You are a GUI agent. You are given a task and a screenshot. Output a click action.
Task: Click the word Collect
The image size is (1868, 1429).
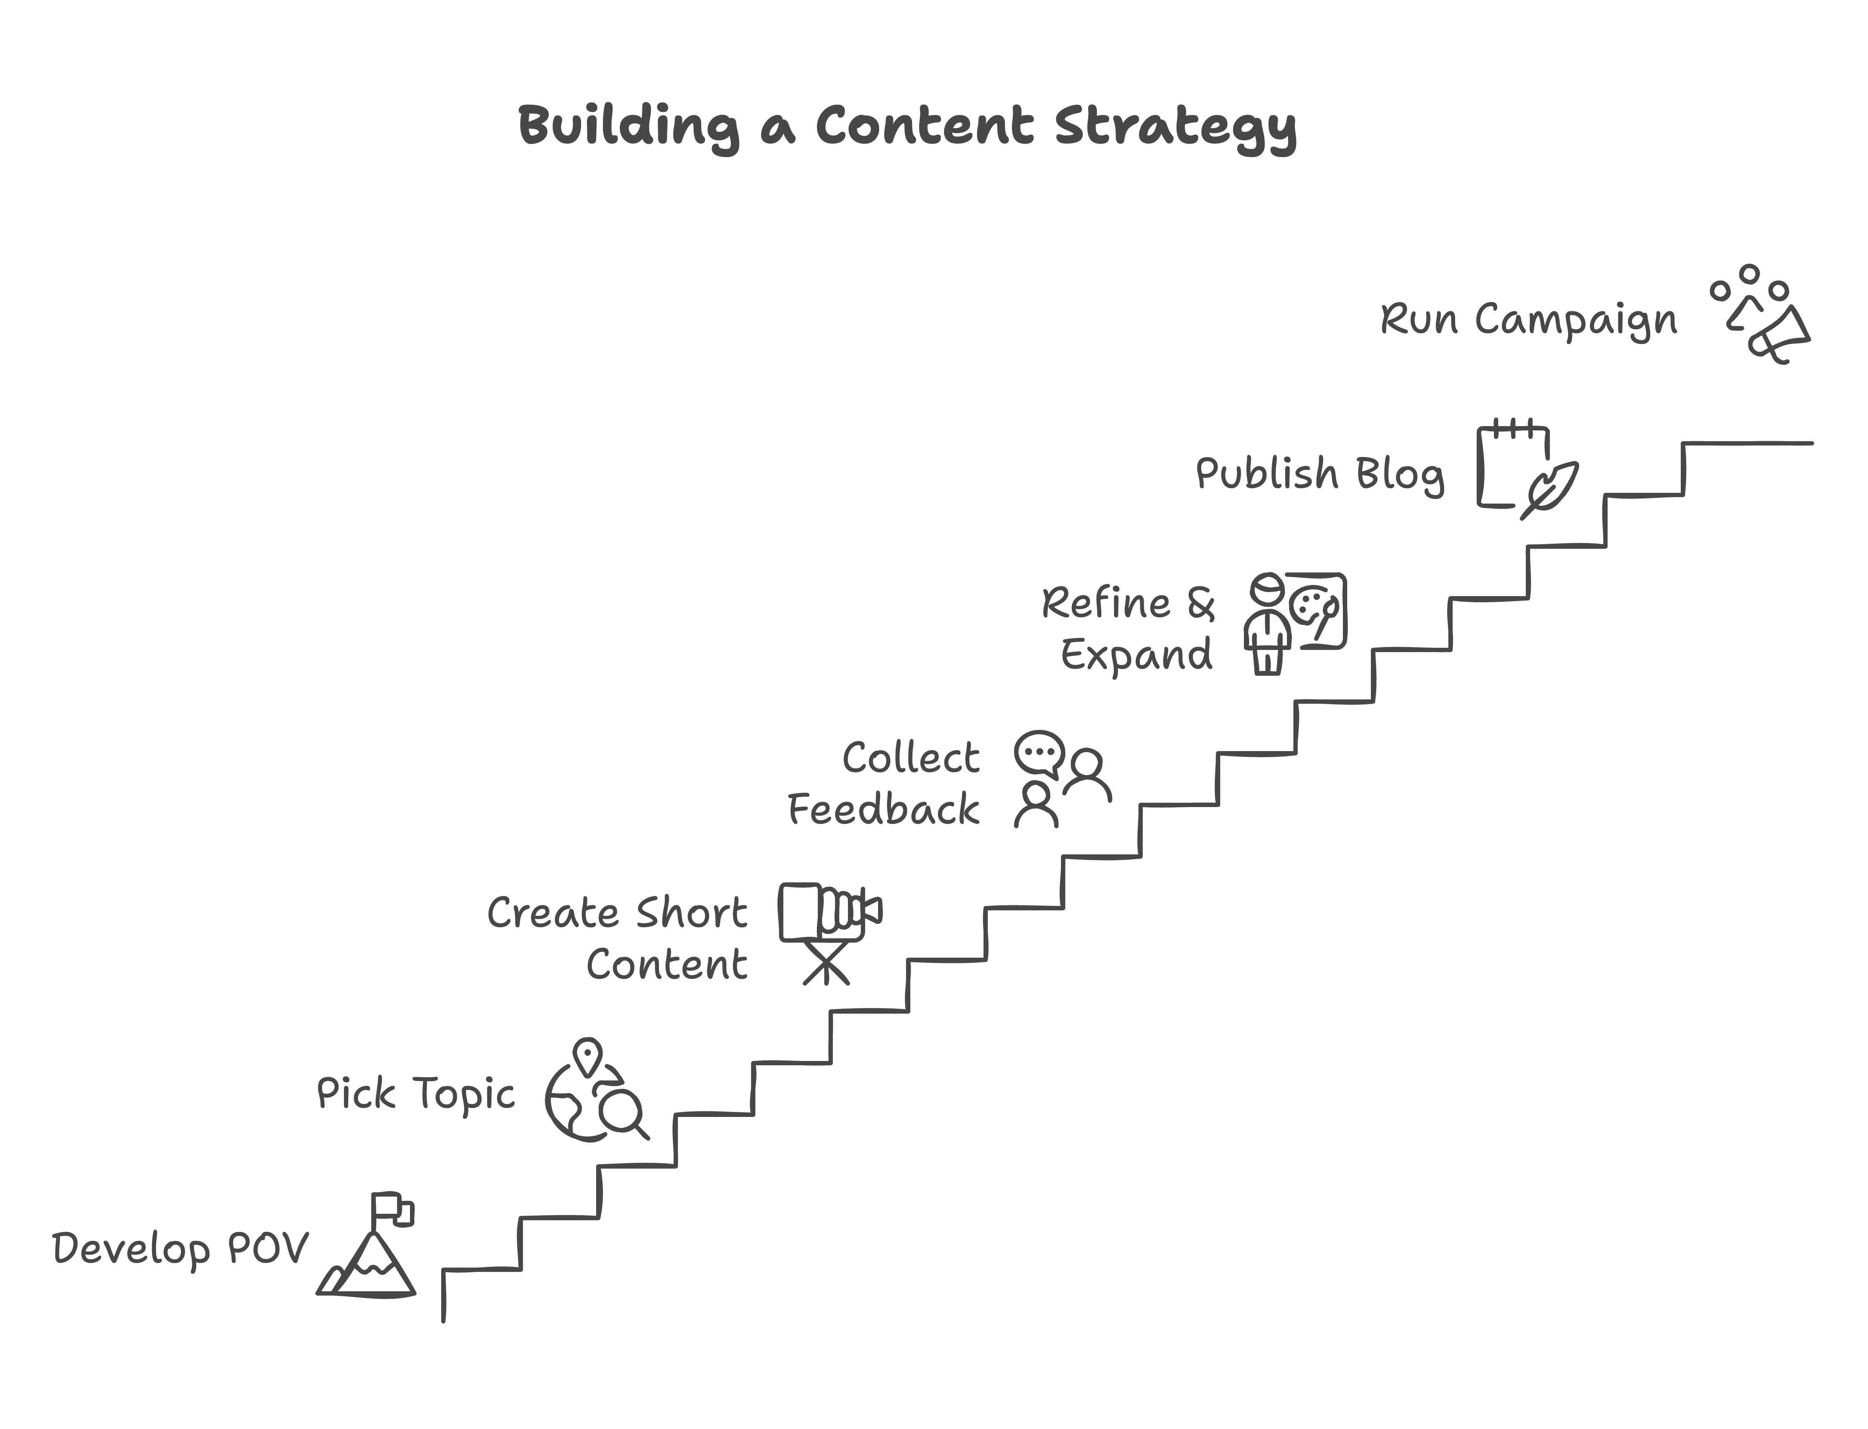(x=911, y=757)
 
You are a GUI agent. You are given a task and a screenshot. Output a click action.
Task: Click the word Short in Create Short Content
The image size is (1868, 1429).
(x=692, y=913)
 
